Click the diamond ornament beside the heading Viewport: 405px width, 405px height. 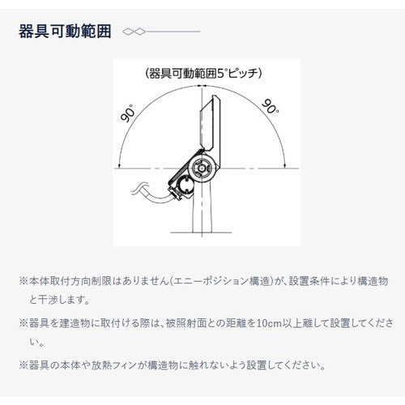132,32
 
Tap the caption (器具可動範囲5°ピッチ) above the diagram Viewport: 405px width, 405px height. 199,72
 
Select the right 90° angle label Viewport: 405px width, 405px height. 270,106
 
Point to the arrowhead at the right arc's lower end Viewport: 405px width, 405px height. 285,165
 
